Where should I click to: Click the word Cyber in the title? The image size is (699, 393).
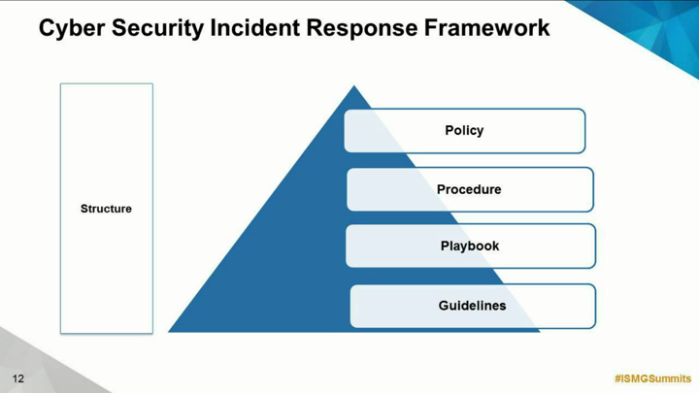click(72, 28)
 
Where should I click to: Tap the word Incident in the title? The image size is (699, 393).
click(255, 27)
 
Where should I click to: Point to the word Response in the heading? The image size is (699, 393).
click(362, 28)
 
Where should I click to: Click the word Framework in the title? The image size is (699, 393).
click(486, 27)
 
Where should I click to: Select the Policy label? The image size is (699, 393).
click(464, 131)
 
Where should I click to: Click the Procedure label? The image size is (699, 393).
click(469, 189)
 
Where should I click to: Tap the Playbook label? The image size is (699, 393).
click(470, 246)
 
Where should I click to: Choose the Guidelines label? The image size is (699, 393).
click(472, 306)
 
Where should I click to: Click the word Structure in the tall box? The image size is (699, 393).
click(106, 209)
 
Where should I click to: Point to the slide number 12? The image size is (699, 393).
click(17, 378)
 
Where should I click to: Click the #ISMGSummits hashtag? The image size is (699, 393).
click(653, 378)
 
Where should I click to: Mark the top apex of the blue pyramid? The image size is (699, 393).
click(354, 85)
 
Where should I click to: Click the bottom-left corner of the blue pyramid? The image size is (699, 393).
click(168, 332)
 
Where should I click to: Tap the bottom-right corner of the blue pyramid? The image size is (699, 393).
click(541, 332)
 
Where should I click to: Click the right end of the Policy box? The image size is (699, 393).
click(585, 131)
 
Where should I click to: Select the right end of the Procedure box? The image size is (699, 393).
click(593, 189)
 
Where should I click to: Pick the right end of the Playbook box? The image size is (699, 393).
click(595, 246)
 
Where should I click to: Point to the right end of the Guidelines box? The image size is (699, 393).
click(595, 306)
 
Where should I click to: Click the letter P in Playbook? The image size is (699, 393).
click(445, 246)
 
